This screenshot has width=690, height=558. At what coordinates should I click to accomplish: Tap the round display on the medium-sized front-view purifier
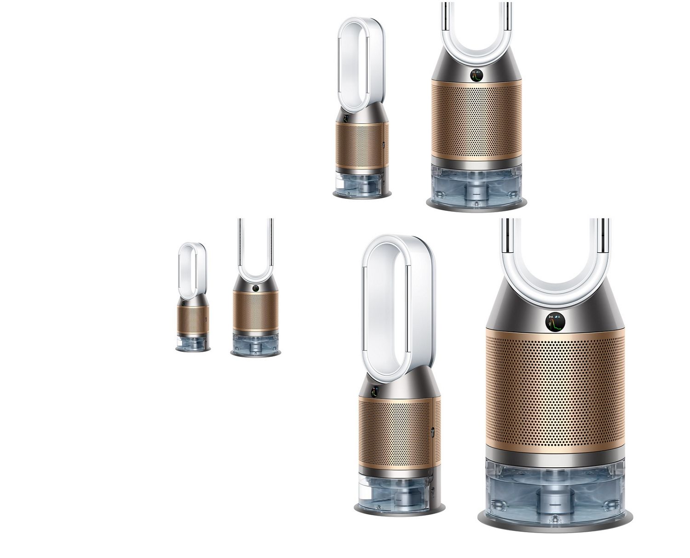pos(476,76)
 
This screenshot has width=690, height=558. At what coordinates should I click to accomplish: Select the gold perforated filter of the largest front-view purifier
pos(556,396)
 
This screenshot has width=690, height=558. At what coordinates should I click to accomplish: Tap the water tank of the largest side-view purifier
pos(396,488)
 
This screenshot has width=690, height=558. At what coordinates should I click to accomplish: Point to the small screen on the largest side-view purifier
pos(374,392)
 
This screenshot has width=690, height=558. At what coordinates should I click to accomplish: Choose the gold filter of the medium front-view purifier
pos(476,120)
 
